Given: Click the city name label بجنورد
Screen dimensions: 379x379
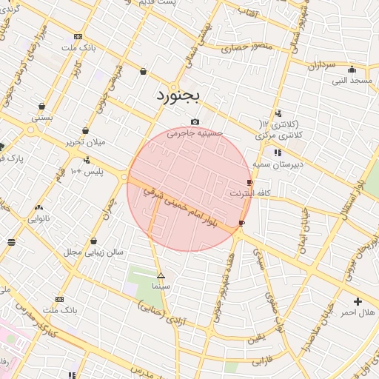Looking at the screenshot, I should click(178, 96).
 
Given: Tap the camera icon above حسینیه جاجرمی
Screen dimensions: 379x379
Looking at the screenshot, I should click(195, 122).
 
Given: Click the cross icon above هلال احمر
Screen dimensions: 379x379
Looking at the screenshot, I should click(358, 301).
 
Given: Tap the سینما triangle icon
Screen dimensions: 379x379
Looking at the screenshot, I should click(161, 275).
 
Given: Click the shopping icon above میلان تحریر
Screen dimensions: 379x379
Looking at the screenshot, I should click(86, 130).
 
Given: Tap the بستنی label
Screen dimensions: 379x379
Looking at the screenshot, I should click(41, 117).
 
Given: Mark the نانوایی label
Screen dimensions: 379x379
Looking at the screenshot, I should click(38, 218).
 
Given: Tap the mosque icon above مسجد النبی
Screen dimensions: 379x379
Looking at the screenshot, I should click(352, 69).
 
